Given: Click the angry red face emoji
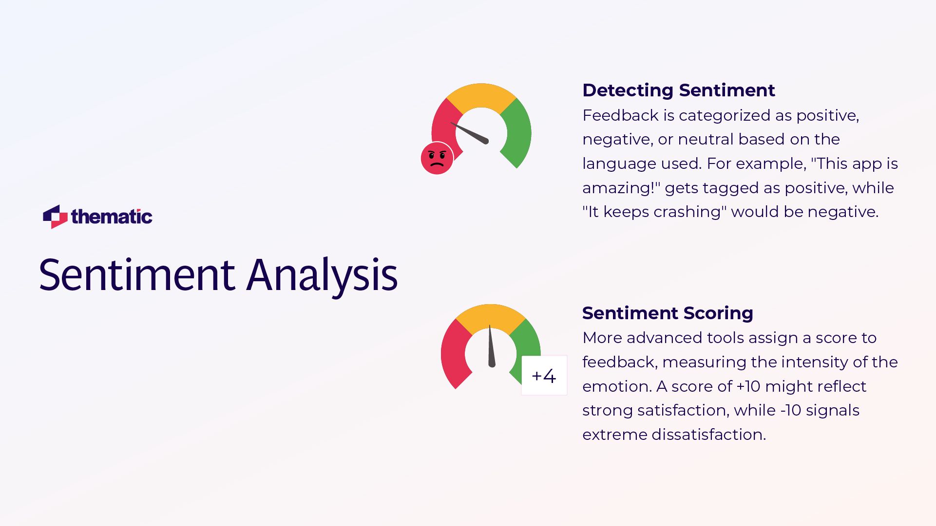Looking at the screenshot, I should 437,158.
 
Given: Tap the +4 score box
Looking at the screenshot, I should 544,376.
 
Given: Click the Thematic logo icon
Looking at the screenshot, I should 55,217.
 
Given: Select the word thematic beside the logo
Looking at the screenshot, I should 112,217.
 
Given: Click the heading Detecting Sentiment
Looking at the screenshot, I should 678,90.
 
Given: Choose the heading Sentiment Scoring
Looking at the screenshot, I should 668,313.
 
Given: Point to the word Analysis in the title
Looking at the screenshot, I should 322,275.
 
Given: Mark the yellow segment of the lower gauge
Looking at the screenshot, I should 491,317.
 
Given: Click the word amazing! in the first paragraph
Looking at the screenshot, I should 620,188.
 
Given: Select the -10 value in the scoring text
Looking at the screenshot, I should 790,410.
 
